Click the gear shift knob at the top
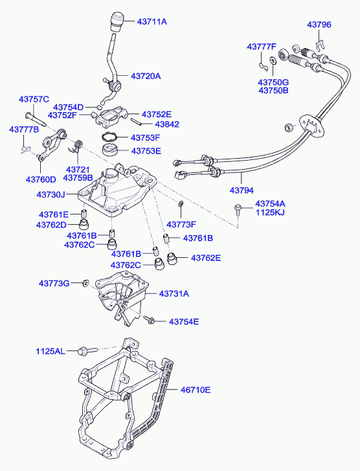coord(117,21)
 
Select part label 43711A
coord(152,21)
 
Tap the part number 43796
coord(319,25)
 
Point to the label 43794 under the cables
coord(242,190)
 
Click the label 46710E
coord(196,390)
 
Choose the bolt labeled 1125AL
coord(87,350)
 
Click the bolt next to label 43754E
coord(149,319)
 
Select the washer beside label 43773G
coord(85,282)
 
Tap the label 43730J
coord(51,194)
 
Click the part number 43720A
coord(146,76)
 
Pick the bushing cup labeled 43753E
coord(110,150)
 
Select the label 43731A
coord(174,293)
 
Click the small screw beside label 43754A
coord(238,209)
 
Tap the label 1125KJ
coord(270,213)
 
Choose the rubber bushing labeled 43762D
coord(84,224)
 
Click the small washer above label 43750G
coord(273,60)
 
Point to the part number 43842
coord(167,124)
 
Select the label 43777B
coord(24,130)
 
